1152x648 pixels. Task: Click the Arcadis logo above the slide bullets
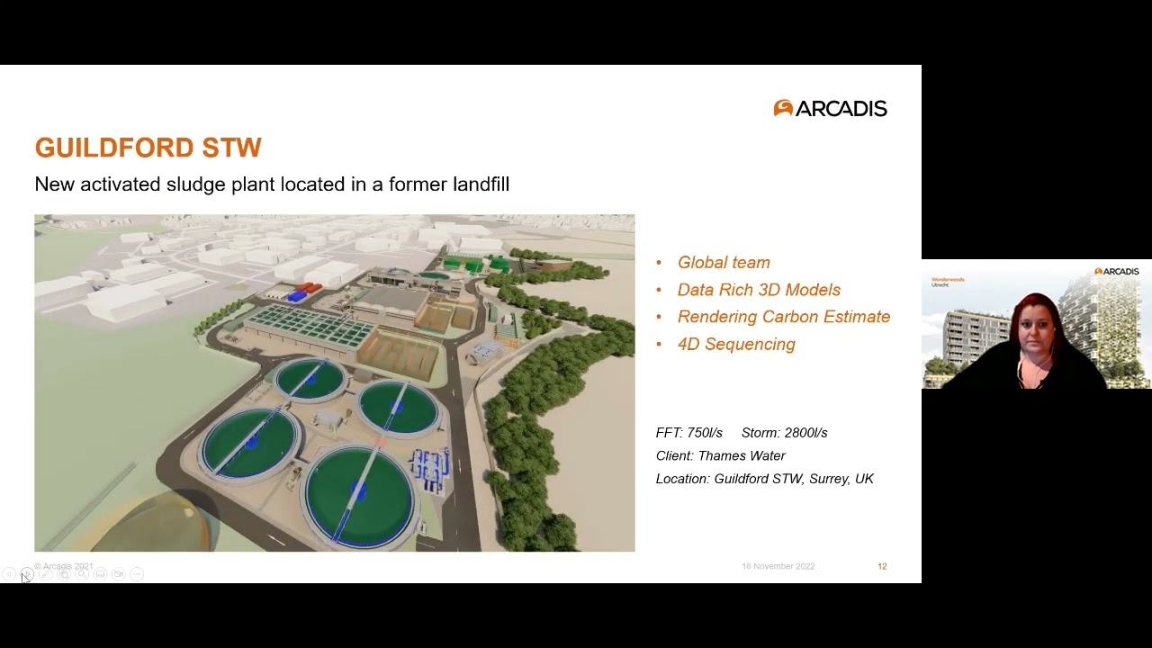point(830,109)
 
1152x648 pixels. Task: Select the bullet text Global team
point(724,263)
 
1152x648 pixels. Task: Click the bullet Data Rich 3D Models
point(759,290)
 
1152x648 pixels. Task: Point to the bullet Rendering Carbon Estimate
point(783,317)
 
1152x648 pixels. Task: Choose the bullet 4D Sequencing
point(736,345)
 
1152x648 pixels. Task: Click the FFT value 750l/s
point(702,433)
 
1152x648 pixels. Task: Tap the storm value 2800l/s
point(805,433)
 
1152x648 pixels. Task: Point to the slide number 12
point(882,566)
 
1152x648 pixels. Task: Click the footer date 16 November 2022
point(778,566)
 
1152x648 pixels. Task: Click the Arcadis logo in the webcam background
point(1117,271)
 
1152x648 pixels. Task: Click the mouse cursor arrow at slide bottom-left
point(24,577)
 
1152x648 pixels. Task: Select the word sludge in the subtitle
point(196,184)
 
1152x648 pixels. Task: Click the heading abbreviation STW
point(231,148)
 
